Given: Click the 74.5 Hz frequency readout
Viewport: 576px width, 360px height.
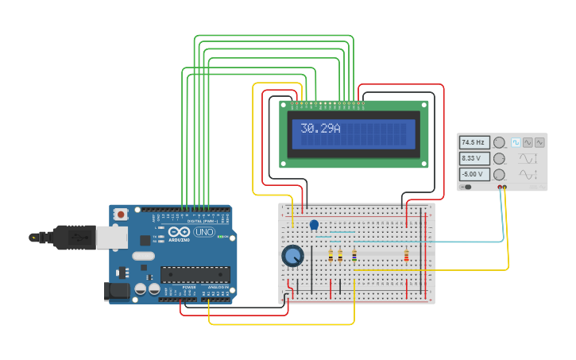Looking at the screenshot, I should click(x=474, y=142).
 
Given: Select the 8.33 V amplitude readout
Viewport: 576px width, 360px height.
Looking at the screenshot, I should click(x=474, y=158).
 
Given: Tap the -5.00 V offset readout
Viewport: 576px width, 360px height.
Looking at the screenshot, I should click(x=474, y=174).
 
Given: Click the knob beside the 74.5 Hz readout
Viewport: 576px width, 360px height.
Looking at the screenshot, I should click(x=500, y=142).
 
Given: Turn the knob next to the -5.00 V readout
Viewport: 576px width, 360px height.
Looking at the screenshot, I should click(x=500, y=174).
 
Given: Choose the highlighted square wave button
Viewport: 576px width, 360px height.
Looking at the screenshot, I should click(x=516, y=142).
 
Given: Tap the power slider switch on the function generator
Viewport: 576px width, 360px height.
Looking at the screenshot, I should click(x=466, y=187).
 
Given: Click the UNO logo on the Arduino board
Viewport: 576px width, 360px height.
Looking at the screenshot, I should click(x=204, y=232).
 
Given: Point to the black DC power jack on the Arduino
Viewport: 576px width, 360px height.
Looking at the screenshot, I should click(x=118, y=292).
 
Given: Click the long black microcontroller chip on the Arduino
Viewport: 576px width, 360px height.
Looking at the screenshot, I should click(x=195, y=274).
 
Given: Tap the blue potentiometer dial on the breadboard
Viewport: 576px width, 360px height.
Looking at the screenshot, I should click(x=292, y=256).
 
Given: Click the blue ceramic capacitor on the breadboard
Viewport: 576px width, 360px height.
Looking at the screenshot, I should click(x=314, y=226).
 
